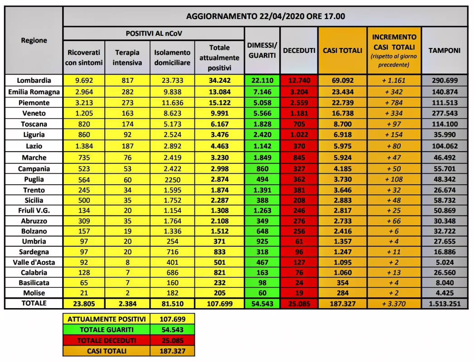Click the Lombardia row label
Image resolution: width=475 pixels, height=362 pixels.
[34, 81]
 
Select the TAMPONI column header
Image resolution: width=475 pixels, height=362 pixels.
[445, 50]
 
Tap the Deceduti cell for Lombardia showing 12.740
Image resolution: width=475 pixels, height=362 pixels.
[299, 81]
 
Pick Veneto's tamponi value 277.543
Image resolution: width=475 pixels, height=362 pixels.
[445, 113]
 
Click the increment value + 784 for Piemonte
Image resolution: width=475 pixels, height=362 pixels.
[393, 102]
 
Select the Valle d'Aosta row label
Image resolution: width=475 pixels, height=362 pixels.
[34, 262]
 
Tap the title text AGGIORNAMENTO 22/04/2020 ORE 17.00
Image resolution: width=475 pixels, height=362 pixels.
[265, 17]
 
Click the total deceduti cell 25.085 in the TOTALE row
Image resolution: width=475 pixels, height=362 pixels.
[299, 304]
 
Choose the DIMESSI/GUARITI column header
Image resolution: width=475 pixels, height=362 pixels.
[262, 50]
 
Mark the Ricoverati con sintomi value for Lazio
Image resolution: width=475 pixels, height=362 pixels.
[84, 146]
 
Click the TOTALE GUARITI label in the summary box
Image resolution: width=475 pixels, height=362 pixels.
[107, 329]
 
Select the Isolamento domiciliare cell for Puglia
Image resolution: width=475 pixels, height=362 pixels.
[172, 179]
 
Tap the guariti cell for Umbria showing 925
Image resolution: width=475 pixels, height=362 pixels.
[262, 241]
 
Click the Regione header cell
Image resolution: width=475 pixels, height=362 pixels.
[34, 40]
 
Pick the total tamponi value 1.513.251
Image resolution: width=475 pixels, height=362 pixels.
[445, 304]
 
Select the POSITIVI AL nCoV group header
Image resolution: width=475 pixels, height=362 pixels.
[154, 33]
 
